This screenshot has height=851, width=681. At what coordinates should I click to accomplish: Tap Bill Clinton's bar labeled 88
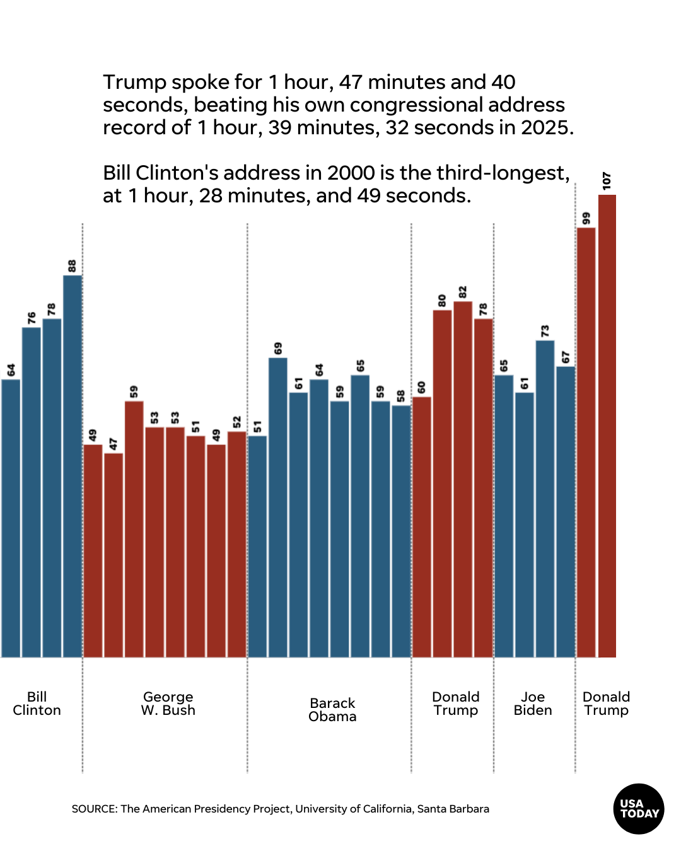(73, 466)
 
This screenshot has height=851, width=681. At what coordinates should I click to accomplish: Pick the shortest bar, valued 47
(113, 555)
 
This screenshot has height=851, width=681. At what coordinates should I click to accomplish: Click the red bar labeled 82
(463, 479)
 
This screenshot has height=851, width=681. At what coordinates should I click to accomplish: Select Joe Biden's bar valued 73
(545, 499)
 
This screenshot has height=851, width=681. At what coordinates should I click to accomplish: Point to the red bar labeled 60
(421, 527)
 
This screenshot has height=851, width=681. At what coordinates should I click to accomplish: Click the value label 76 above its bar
(32, 318)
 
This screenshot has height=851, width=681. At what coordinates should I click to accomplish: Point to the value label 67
(566, 357)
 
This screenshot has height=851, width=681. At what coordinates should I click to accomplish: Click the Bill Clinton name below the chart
(37, 703)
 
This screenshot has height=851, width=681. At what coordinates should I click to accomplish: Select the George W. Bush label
(168, 703)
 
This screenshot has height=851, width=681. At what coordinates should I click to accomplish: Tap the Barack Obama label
(332, 710)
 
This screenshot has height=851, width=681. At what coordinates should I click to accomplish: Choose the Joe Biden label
(533, 703)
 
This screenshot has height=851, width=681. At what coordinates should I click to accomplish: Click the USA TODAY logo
(639, 809)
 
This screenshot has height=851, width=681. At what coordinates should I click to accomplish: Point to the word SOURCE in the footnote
(93, 809)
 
